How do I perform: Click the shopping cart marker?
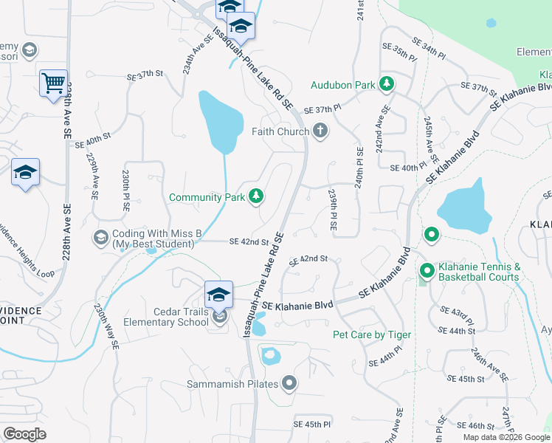53,83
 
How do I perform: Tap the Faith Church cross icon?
320,131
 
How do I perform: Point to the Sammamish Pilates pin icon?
289,384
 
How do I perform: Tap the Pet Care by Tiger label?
372,334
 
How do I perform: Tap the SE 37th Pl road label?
322,109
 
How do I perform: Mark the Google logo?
24,434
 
